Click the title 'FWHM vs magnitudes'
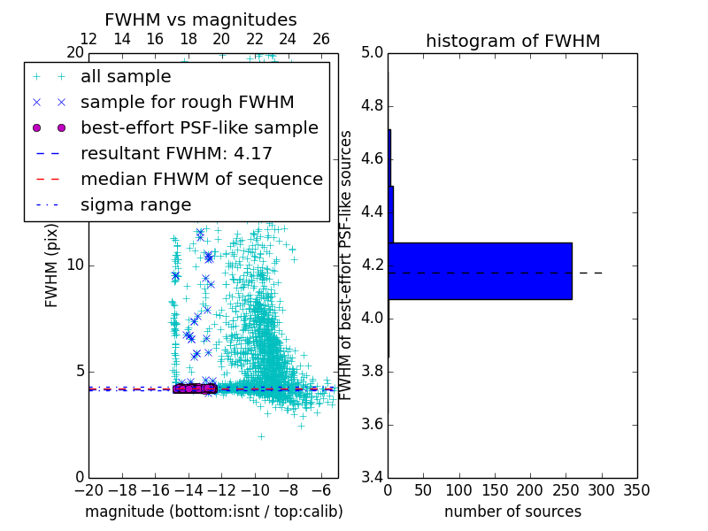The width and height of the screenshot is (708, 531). point(201,19)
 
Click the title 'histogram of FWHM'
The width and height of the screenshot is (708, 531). point(512,41)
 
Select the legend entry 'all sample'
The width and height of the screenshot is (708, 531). point(126,77)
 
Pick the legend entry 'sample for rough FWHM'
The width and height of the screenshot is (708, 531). point(188,103)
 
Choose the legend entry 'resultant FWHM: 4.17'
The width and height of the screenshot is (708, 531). point(176,154)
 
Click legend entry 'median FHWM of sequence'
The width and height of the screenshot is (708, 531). point(202,180)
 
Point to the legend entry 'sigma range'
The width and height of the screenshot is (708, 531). point(135,205)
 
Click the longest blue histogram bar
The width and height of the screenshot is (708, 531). point(480,271)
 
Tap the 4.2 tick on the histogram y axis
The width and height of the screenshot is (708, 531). point(372,265)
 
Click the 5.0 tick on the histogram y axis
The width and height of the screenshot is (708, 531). point(372,53)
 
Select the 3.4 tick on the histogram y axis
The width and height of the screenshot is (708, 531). point(372,477)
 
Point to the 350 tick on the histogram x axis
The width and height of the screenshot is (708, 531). point(636,490)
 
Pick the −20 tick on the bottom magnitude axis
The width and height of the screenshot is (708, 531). point(88,490)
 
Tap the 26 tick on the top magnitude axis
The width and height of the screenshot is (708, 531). point(321,39)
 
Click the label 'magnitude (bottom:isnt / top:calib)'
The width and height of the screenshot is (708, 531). point(213,512)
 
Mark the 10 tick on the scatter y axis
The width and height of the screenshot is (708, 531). point(74,265)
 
